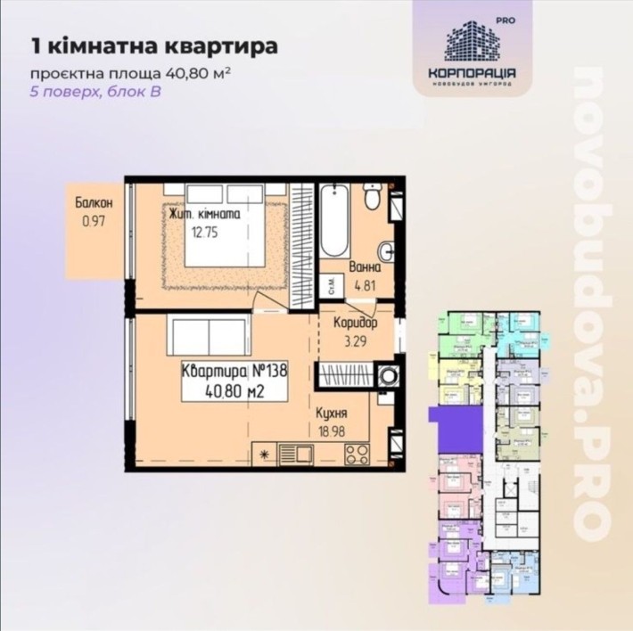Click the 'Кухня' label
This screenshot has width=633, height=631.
(x=332, y=414)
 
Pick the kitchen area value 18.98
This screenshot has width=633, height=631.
(x=332, y=430)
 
